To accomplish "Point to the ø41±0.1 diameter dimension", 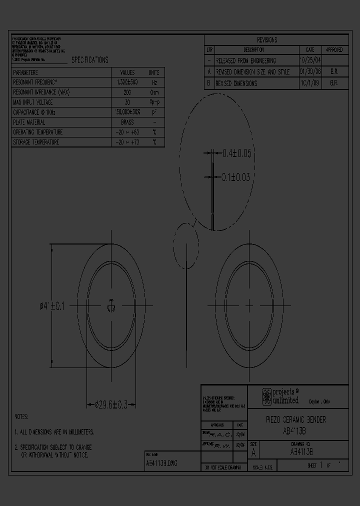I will click(51, 305).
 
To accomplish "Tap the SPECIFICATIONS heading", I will click(90, 60).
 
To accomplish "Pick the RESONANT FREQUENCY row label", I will click(35, 82).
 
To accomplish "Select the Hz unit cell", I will click(154, 82).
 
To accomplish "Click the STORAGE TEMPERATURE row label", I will click(36, 142).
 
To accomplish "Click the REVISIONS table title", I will click(267, 40).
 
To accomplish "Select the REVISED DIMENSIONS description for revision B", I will click(236, 83).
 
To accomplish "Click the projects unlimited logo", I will click(281, 396).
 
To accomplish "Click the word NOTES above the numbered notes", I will click(21, 416).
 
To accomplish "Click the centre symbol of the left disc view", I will click(111, 306).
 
